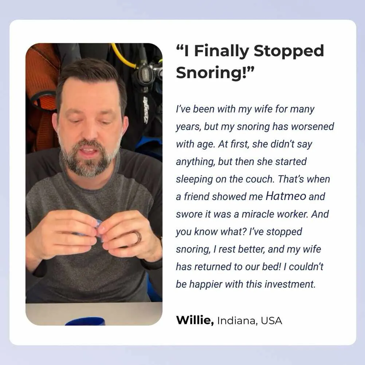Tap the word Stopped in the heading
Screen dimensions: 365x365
tap(289, 51)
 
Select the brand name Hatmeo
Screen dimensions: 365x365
tap(286, 196)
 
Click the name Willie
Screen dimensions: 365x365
tap(195, 320)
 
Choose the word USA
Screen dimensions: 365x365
tap(271, 321)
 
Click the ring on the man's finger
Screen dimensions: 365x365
tap(138, 238)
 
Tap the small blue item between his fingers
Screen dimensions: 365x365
tap(99, 227)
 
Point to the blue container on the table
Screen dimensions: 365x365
tap(85, 321)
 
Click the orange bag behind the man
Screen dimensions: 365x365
tap(42, 98)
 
